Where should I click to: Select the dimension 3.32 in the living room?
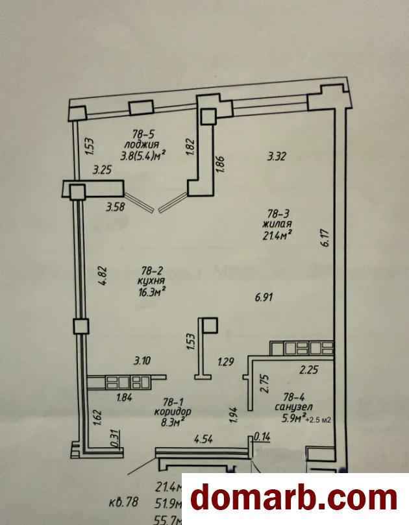click(x=277, y=156)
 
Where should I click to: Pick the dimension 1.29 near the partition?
click(x=226, y=361)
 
